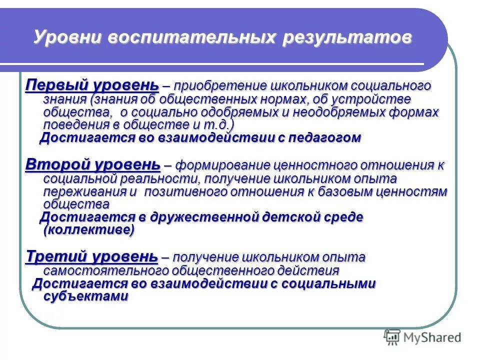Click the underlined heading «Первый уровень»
click(x=92, y=85)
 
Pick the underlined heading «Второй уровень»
click(x=92, y=164)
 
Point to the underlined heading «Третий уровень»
click(x=91, y=257)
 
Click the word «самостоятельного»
click(x=106, y=270)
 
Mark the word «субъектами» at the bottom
click(x=86, y=296)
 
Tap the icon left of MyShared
click(x=392, y=337)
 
